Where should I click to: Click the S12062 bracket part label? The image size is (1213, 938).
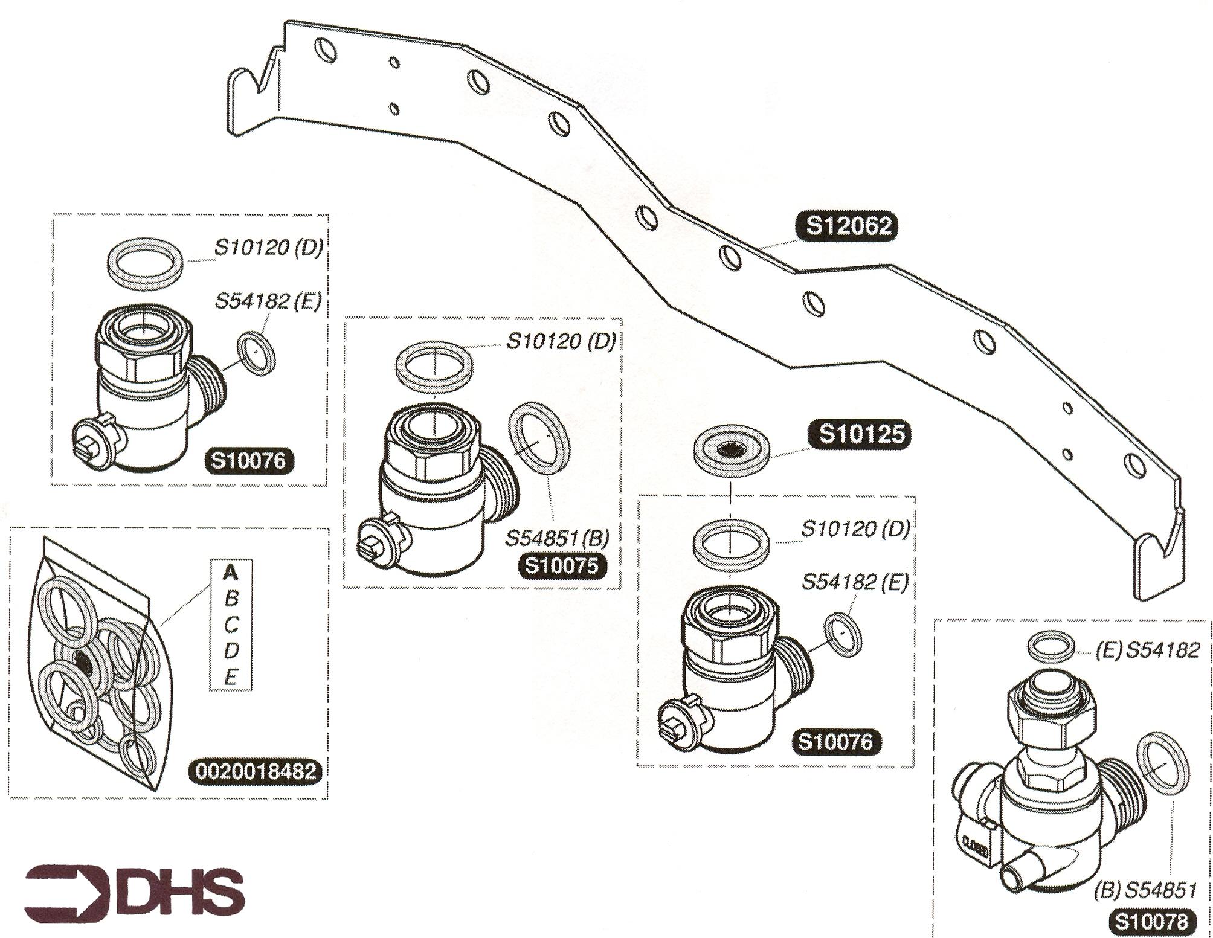pyautogui.click(x=849, y=226)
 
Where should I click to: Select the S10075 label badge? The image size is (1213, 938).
pyautogui.click(x=562, y=566)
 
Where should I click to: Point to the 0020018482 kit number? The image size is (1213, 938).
pyautogui.click(x=256, y=771)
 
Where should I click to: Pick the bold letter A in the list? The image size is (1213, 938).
pyautogui.click(x=231, y=572)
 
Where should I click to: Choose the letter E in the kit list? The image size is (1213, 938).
pyautogui.click(x=231, y=678)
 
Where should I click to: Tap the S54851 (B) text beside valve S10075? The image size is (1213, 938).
pyautogui.click(x=557, y=538)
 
